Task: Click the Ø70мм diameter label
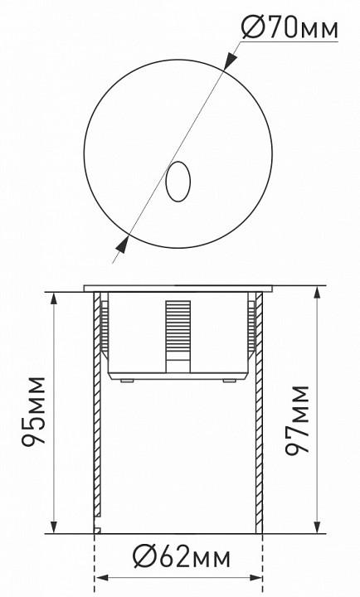coord(290,29)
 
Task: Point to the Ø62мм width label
coord(181,555)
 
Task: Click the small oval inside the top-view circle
coord(178,182)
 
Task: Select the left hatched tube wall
coord(97,415)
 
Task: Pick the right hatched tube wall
coord(260,415)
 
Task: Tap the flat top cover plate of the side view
coord(178,289)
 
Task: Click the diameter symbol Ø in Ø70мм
coord(251,29)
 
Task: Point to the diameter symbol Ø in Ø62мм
coord(141,555)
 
